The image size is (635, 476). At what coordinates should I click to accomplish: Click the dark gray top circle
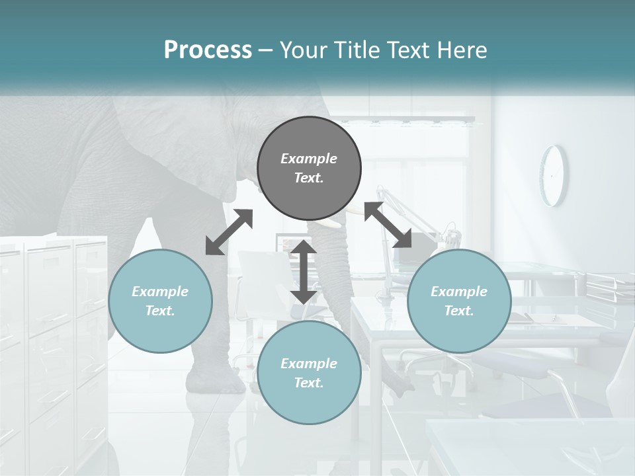309,169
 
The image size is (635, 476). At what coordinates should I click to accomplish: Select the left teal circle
160,301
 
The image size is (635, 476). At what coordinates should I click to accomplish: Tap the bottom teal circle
309,373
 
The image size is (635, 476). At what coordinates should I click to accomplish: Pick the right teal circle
459,301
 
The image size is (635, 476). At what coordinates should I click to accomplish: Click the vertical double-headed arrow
304,272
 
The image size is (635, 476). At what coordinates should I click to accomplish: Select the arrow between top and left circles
229,232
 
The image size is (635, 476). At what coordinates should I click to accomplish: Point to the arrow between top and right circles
388,225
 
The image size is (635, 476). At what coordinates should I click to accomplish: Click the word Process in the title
208,50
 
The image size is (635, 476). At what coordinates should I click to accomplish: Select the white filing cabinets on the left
53,331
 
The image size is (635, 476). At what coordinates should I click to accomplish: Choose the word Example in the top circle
309,159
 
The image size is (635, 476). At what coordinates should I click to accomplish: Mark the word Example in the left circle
160,292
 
